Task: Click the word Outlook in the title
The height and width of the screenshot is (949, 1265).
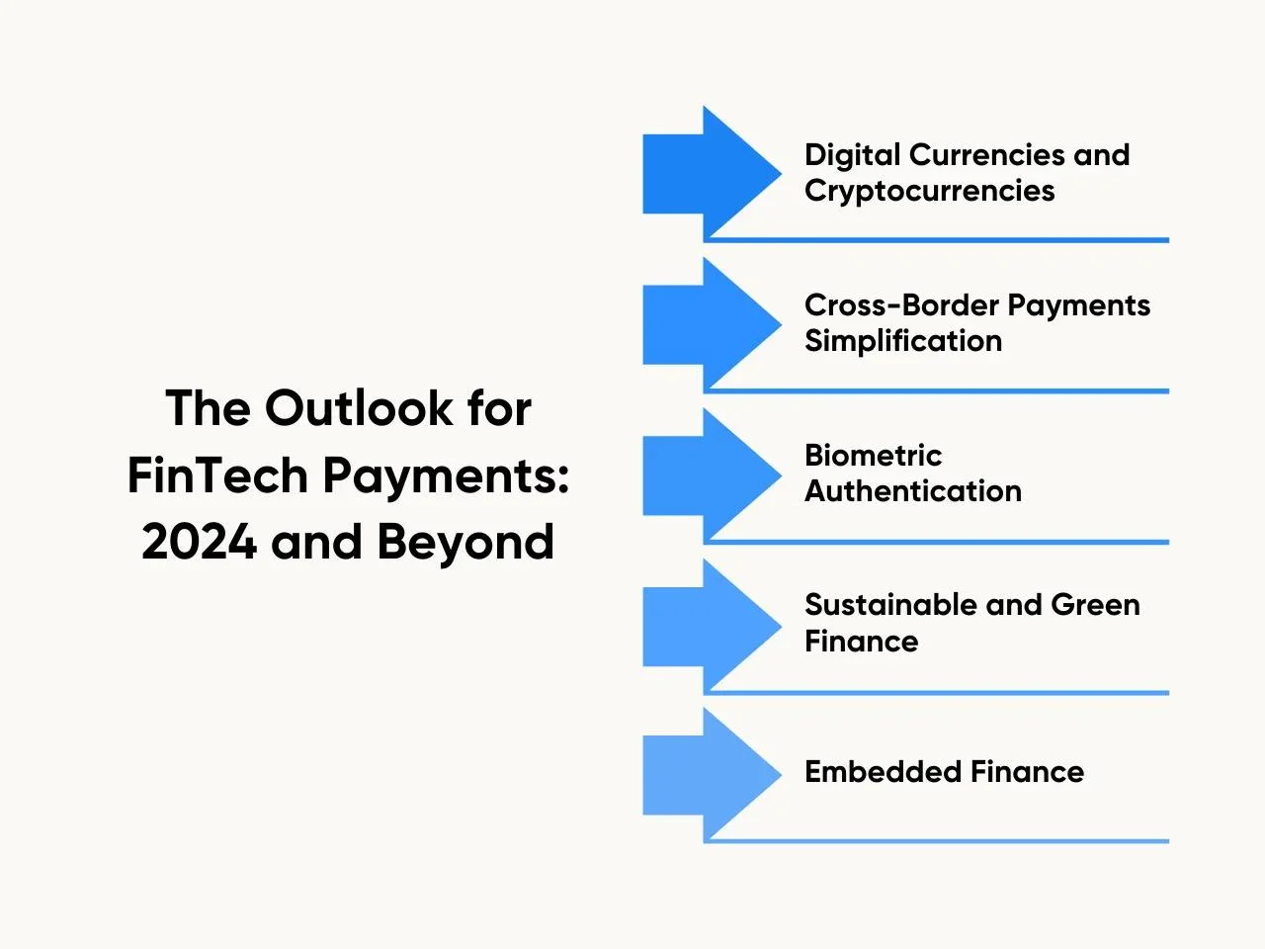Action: pyautogui.click(x=359, y=408)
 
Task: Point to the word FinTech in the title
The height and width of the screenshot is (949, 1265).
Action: pyautogui.click(x=217, y=475)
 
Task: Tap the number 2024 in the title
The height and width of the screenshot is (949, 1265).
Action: pyautogui.click(x=199, y=542)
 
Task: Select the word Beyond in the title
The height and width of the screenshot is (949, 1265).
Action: pyautogui.click(x=465, y=544)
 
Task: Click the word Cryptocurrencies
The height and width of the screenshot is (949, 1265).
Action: pyautogui.click(x=930, y=191)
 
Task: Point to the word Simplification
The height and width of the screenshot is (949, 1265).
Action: pyautogui.click(x=903, y=340)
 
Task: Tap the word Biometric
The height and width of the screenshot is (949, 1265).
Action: pyautogui.click(x=873, y=455)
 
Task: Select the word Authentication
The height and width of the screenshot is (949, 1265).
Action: pyautogui.click(x=913, y=491)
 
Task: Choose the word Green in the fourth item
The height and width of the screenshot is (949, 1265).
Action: pyautogui.click(x=1095, y=605)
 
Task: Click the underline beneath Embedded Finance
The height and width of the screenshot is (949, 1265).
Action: pyautogui.click(x=936, y=841)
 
